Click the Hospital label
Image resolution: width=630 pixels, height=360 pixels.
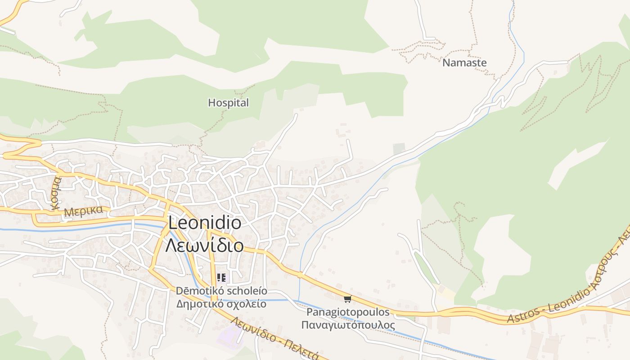coord(228,103)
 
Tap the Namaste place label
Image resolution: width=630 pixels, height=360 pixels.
coord(464,63)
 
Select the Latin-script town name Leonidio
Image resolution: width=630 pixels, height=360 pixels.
coord(205,223)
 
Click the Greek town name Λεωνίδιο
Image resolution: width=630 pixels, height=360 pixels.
coord(205,246)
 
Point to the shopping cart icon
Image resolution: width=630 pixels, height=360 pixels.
coord(347,299)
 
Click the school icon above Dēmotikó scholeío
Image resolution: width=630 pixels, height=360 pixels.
coord(221,278)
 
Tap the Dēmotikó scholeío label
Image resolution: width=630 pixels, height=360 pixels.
coord(221,291)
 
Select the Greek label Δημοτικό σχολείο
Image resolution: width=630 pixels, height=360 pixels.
coord(221,304)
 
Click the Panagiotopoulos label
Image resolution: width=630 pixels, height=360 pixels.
coord(348,312)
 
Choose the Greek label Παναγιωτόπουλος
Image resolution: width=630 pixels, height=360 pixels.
coord(348,325)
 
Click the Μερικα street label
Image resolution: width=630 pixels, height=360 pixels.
coord(84,211)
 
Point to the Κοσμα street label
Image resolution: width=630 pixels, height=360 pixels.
coord(56,193)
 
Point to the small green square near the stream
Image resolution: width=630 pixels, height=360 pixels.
coord(399,148)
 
